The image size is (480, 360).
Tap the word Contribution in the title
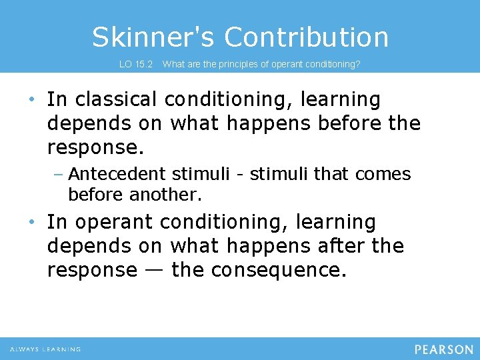tap(306, 37)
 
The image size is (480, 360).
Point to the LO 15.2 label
tap(136, 65)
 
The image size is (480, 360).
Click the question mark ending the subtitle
tap(358, 65)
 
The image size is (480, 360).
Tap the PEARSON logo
tap(443, 349)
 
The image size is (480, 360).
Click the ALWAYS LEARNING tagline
tap(45, 349)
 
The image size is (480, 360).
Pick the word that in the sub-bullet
tap(331, 174)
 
